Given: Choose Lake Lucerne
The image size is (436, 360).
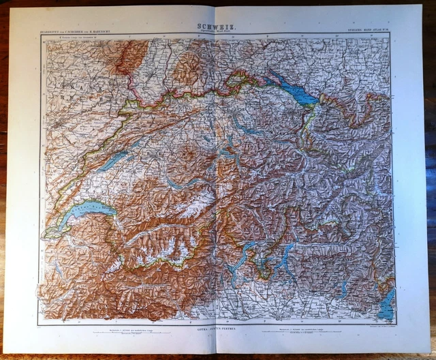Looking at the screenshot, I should click(x=225, y=157).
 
